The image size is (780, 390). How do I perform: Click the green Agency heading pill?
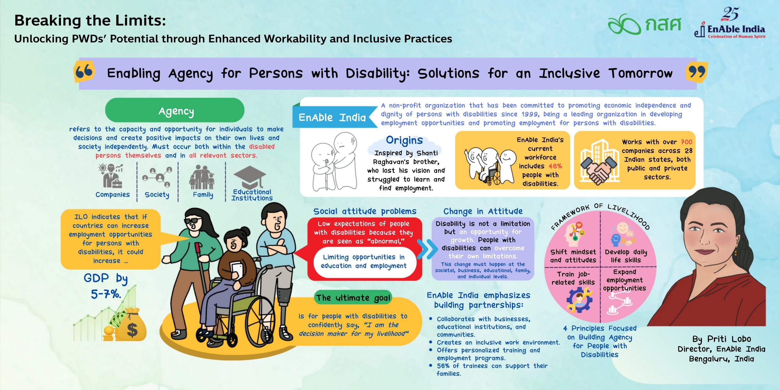pos(175,110)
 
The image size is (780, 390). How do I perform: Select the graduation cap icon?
pos(250,178)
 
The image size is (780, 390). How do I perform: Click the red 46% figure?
pos(555,166)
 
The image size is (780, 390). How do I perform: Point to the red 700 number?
pos(686,142)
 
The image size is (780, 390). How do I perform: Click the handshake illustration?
pos(599,171)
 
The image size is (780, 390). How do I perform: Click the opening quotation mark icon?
pos(84,72)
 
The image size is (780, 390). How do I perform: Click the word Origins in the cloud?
pos(404,140)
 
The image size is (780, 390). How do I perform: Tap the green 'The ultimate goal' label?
pos(353,298)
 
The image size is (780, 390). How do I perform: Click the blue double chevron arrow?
pos(427,249)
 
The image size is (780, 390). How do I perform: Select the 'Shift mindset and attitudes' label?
pos(573,256)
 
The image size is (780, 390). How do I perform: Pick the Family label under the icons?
pos(203,194)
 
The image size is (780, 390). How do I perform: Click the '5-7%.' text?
pos(106,294)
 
